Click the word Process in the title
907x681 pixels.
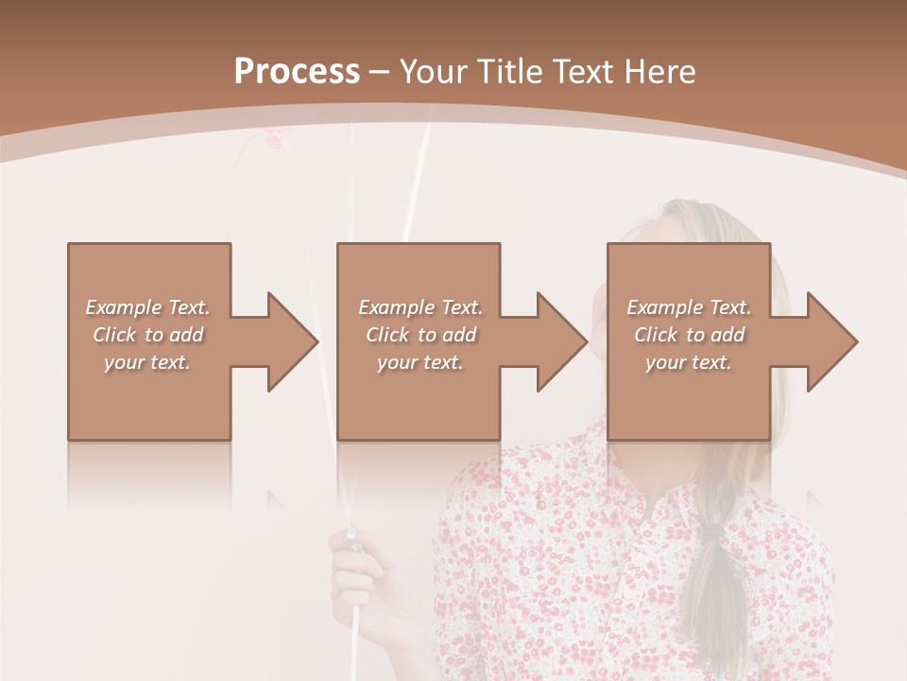pyautogui.click(x=297, y=72)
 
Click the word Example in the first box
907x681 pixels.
pyautogui.click(x=123, y=307)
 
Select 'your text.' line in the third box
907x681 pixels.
pyautogui.click(x=688, y=362)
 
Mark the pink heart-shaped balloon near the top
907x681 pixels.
pyautogui.click(x=274, y=140)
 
